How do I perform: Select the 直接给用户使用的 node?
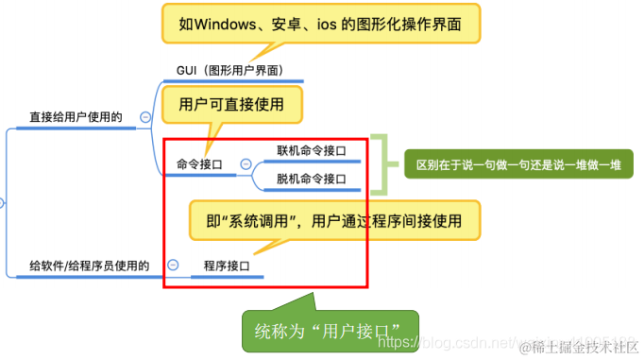click(76, 117)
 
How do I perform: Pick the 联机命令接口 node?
click(311, 150)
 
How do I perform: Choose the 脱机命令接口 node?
click(311, 179)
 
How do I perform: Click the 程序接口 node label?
click(227, 266)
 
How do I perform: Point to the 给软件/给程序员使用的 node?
click(89, 266)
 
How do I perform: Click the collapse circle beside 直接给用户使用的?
click(145, 117)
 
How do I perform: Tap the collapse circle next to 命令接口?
click(246, 164)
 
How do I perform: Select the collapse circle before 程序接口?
click(172, 266)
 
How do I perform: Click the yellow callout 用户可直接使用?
click(231, 105)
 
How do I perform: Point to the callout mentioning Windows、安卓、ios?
click(320, 23)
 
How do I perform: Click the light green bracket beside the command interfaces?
click(379, 164)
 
